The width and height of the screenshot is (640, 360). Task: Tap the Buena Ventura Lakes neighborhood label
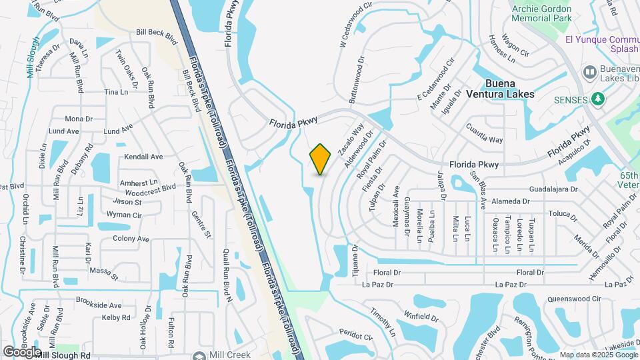pos(509,89)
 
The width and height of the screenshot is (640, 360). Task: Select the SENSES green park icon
pos(599,99)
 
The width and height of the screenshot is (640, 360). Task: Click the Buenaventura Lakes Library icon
pos(589,71)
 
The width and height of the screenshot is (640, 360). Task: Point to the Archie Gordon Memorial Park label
pos(553,13)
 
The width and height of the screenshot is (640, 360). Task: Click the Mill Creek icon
pos(199,356)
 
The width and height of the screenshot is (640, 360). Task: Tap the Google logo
pos(22,351)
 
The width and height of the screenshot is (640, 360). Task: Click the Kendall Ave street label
pos(143,157)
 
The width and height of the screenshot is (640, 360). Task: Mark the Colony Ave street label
pos(131,238)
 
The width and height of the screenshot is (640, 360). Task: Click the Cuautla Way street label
pos(484,135)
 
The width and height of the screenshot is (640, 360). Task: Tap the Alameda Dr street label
pos(510,201)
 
